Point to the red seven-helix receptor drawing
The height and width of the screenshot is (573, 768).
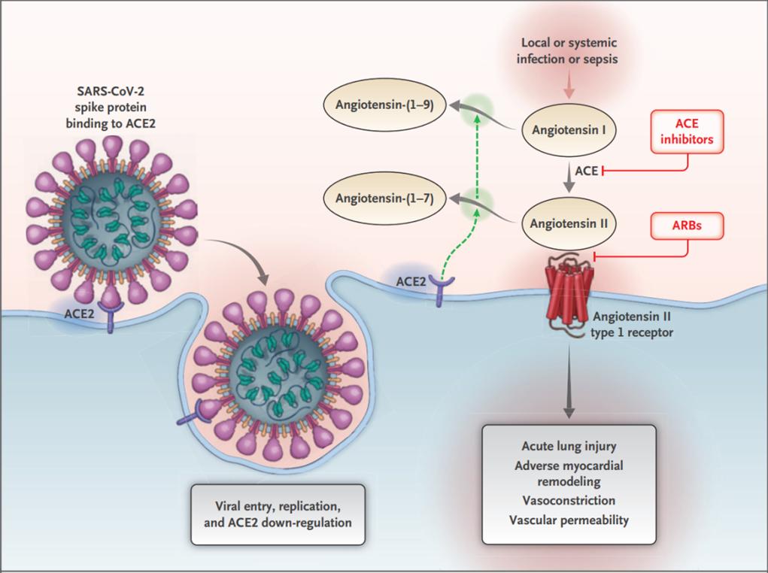point(567,290)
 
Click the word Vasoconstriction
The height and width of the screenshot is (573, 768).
point(568,500)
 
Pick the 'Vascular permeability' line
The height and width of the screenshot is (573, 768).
point(568,520)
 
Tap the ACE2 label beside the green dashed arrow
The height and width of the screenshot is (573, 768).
point(410,281)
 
